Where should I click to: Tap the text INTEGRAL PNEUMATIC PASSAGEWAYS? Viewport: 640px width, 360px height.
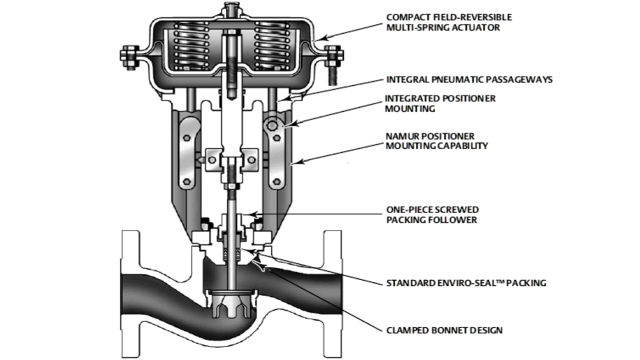469,79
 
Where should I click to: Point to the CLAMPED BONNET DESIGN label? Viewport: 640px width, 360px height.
444,330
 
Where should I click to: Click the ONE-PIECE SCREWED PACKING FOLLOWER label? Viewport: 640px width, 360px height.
432,214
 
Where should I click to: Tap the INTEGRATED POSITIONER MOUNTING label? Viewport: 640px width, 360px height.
440,103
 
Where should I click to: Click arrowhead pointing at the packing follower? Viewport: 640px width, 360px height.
253,215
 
